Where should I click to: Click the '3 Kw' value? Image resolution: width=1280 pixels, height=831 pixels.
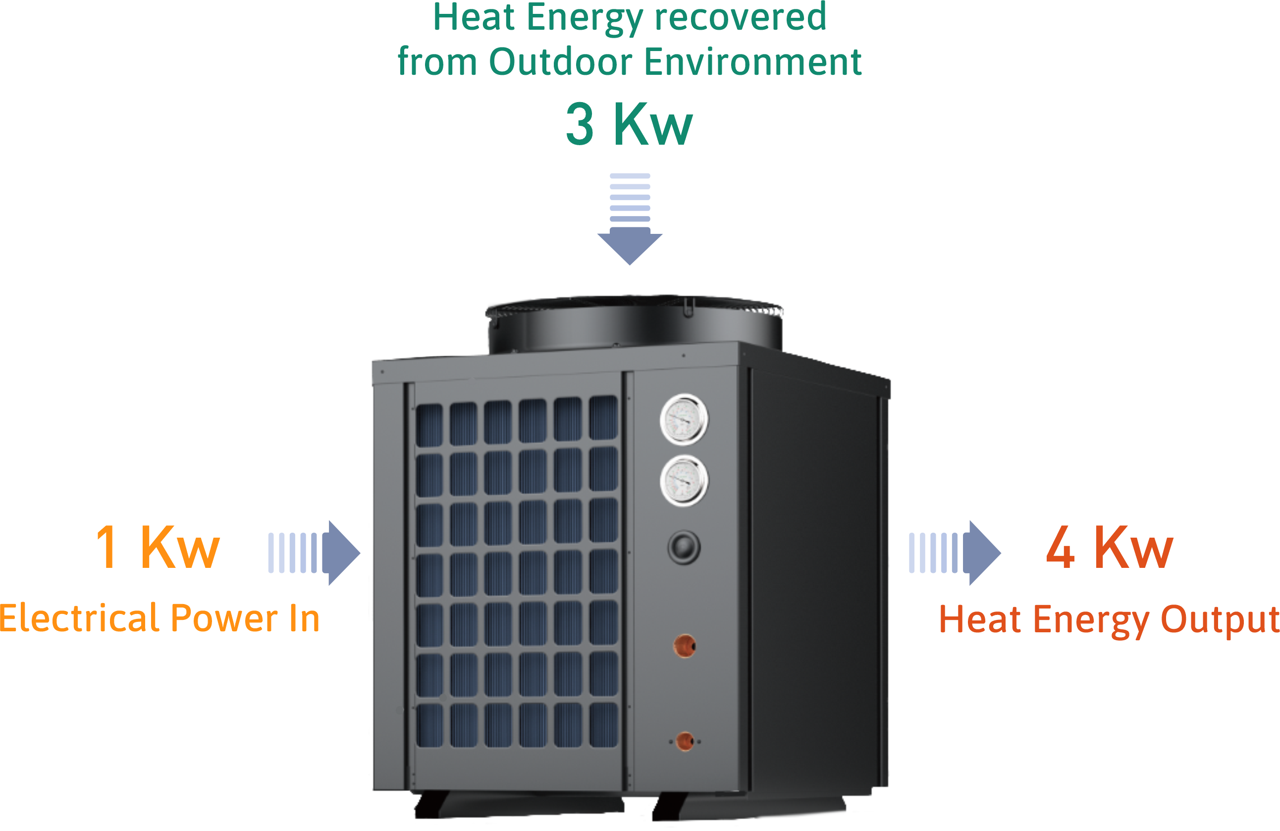tap(629, 124)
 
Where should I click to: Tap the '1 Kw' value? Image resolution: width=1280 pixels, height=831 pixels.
tap(158, 548)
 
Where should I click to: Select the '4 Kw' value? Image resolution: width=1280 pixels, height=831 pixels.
tap(1110, 548)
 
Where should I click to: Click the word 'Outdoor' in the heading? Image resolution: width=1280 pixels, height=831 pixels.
tap(561, 62)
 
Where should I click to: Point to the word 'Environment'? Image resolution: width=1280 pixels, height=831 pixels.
tap(752, 62)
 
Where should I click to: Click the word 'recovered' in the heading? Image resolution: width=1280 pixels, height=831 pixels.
tap(740, 17)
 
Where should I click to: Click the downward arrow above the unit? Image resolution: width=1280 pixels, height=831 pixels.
tap(630, 221)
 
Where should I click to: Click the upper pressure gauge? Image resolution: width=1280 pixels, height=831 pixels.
tap(684, 420)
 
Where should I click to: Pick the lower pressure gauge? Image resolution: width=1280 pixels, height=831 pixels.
tap(684, 480)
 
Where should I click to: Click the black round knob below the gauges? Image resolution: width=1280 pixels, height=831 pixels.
tap(684, 548)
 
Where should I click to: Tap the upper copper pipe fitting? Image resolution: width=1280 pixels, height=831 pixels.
tap(685, 646)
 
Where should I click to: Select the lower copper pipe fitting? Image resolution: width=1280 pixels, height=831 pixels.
tap(685, 741)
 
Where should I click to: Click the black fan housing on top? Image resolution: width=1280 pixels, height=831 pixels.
tap(635, 323)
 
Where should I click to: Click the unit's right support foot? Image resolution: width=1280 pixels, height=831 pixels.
tap(747, 807)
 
